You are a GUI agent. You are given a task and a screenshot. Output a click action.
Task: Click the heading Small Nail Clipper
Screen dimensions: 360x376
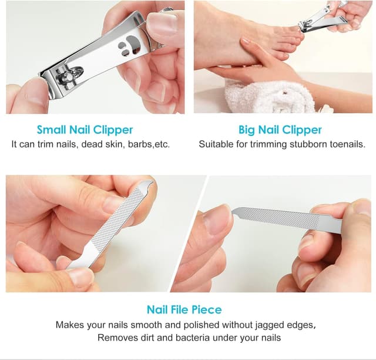pos(85,129)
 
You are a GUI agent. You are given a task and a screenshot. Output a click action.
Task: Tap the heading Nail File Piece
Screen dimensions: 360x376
pos(184,309)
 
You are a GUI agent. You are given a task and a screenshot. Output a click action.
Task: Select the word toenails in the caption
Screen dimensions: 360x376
pos(345,144)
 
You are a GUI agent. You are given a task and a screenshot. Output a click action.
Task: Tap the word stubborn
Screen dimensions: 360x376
pos(304,144)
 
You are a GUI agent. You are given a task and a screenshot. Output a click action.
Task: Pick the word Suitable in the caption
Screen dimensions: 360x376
pos(215,144)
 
